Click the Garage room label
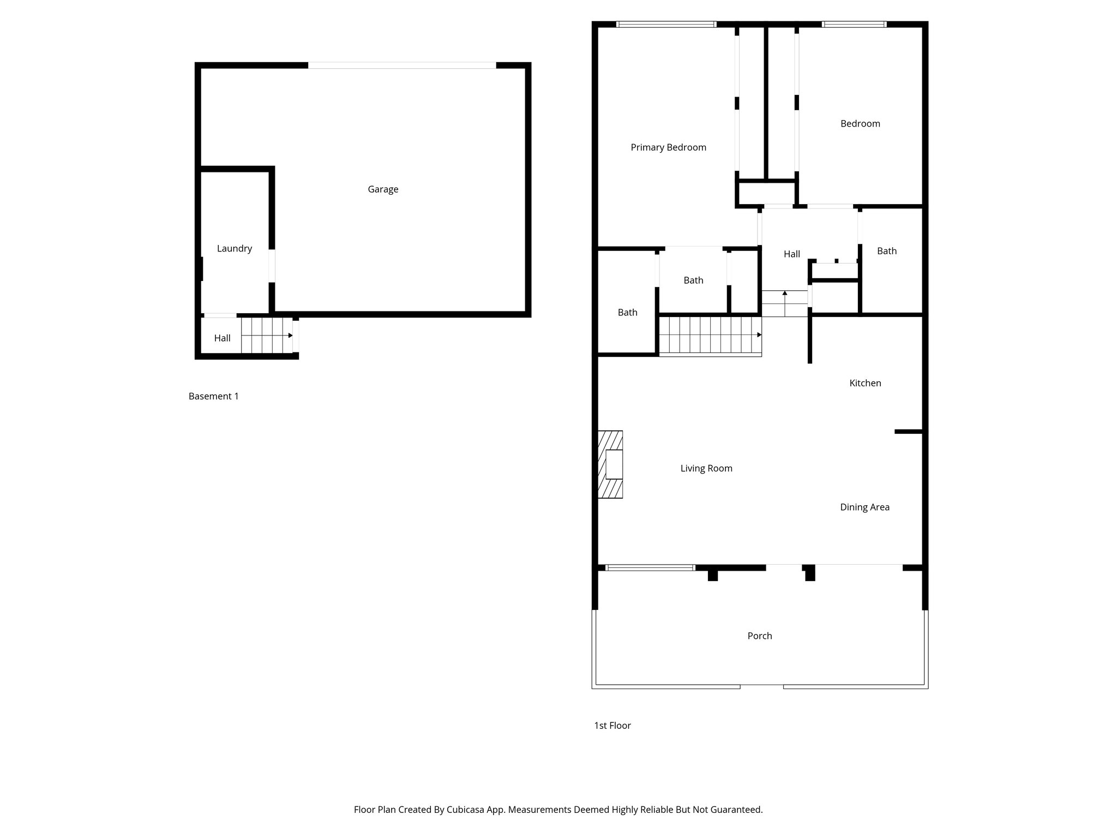click(383, 189)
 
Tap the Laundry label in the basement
click(235, 248)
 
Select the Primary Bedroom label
click(668, 147)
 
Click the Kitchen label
click(865, 383)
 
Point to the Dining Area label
click(864, 507)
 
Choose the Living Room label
click(706, 468)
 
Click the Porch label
click(760, 636)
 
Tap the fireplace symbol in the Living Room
click(611, 464)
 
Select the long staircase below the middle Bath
click(710, 335)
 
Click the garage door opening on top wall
click(402, 65)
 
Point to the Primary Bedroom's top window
click(666, 25)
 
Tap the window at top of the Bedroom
click(854, 25)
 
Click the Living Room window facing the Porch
click(650, 568)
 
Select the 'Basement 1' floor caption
click(214, 396)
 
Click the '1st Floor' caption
click(612, 725)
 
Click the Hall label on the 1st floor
click(792, 254)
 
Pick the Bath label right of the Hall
click(887, 251)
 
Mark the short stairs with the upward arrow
click(784, 304)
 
